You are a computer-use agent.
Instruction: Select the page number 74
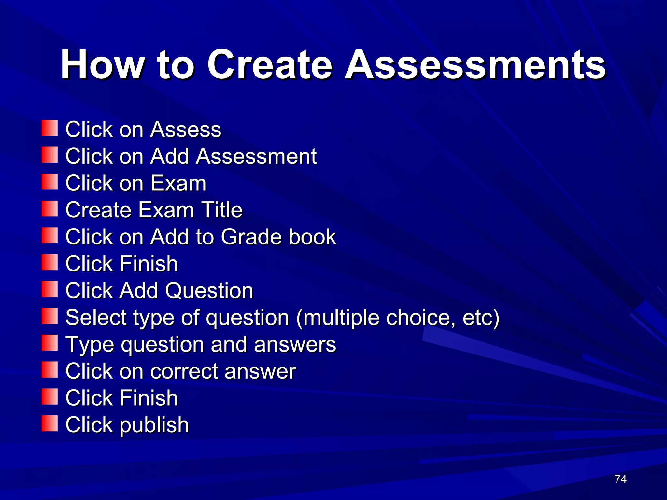pyautogui.click(x=621, y=479)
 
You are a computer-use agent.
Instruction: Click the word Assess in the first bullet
pyautogui.click(x=186, y=130)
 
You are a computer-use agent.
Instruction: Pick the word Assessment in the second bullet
pyautogui.click(x=256, y=156)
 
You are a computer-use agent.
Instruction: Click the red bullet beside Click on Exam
pyautogui.click(x=50, y=182)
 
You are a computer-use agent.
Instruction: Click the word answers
pyautogui.click(x=295, y=345)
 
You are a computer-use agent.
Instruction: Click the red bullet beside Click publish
pyautogui.click(x=50, y=424)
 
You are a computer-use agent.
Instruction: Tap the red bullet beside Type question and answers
pyautogui.click(x=50, y=343)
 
